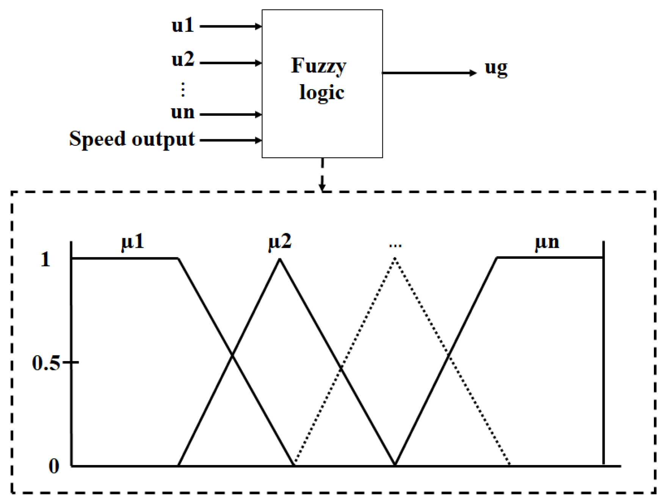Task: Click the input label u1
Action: (x=183, y=26)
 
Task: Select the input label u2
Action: (x=183, y=60)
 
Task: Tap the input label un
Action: (x=183, y=112)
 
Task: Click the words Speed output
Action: (x=132, y=139)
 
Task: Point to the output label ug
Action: (x=496, y=69)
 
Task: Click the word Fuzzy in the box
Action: (x=318, y=66)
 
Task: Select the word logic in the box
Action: (x=321, y=93)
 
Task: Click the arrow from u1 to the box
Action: (x=230, y=27)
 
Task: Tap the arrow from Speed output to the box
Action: (x=230, y=140)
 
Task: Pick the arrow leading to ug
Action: (x=428, y=73)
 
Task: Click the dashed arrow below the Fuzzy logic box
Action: (x=322, y=174)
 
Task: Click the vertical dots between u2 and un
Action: (x=183, y=90)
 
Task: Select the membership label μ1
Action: (x=133, y=242)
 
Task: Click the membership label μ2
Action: (x=280, y=242)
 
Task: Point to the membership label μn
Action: (x=547, y=242)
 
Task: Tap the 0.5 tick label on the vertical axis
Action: (x=46, y=363)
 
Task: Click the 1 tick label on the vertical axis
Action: (x=45, y=259)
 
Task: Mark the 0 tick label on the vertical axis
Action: (x=54, y=466)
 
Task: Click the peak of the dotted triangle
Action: (x=395, y=258)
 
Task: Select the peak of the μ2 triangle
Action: (x=280, y=259)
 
